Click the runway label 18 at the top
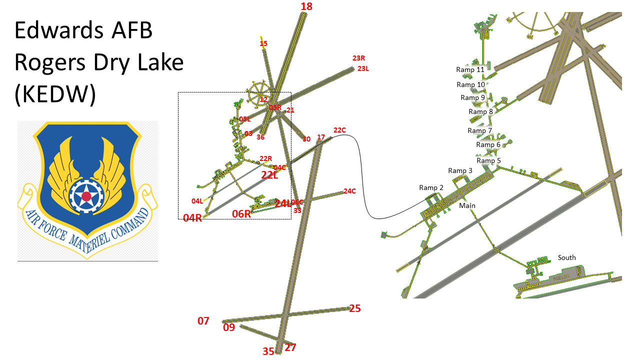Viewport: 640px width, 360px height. [306, 6]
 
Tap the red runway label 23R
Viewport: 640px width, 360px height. [358, 58]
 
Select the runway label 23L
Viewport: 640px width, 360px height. [363, 68]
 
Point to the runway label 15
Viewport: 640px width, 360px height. [263, 43]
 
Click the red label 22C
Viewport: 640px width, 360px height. [339, 130]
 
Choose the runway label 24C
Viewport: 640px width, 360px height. [349, 191]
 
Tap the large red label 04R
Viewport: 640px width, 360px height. [192, 218]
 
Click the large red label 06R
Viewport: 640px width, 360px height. [241, 214]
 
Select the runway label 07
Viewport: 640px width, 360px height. [203, 321]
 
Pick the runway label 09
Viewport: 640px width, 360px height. [228, 328]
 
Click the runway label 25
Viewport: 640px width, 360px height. [354, 308]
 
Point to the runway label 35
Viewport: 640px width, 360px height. [268, 351]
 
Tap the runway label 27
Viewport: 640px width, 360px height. [290, 347]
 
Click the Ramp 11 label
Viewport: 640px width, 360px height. [470, 70]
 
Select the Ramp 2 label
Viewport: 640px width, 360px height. [431, 188]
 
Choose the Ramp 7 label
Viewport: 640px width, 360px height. [479, 131]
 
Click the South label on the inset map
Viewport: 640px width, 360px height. [566, 258]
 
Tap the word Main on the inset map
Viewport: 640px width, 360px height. [467, 205]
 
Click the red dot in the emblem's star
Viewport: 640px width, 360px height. [86, 196]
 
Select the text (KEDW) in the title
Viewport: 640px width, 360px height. [55, 95]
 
